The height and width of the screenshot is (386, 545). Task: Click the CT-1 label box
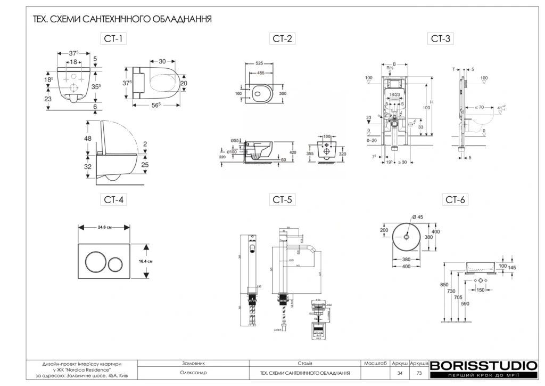114,38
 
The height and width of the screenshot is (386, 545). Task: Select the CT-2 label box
284,38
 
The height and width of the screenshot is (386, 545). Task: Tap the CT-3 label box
441,38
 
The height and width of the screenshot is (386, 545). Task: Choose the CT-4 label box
114,200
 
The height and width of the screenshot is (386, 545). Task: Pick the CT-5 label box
284,200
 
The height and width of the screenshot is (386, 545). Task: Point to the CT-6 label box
456,200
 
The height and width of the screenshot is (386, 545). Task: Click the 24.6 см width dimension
104,227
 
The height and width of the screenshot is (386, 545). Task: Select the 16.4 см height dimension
146,261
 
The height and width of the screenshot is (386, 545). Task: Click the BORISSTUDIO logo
483,366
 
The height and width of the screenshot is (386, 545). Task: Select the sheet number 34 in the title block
400,373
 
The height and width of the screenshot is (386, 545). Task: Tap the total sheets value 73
419,373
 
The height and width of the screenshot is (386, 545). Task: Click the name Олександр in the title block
193,373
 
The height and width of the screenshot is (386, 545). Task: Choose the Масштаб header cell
375,363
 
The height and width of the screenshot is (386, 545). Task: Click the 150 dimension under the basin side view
480,289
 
